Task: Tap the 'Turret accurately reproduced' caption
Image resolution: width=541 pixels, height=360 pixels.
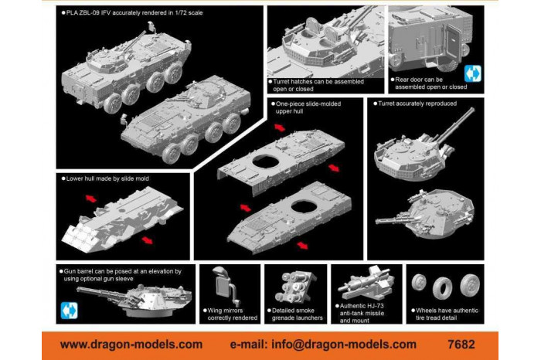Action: pyautogui.click(x=418, y=103)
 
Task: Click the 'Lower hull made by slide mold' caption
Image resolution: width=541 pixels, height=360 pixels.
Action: pyautogui.click(x=107, y=178)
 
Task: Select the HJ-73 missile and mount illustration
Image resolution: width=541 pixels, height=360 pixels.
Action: pyautogui.click(x=362, y=282)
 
